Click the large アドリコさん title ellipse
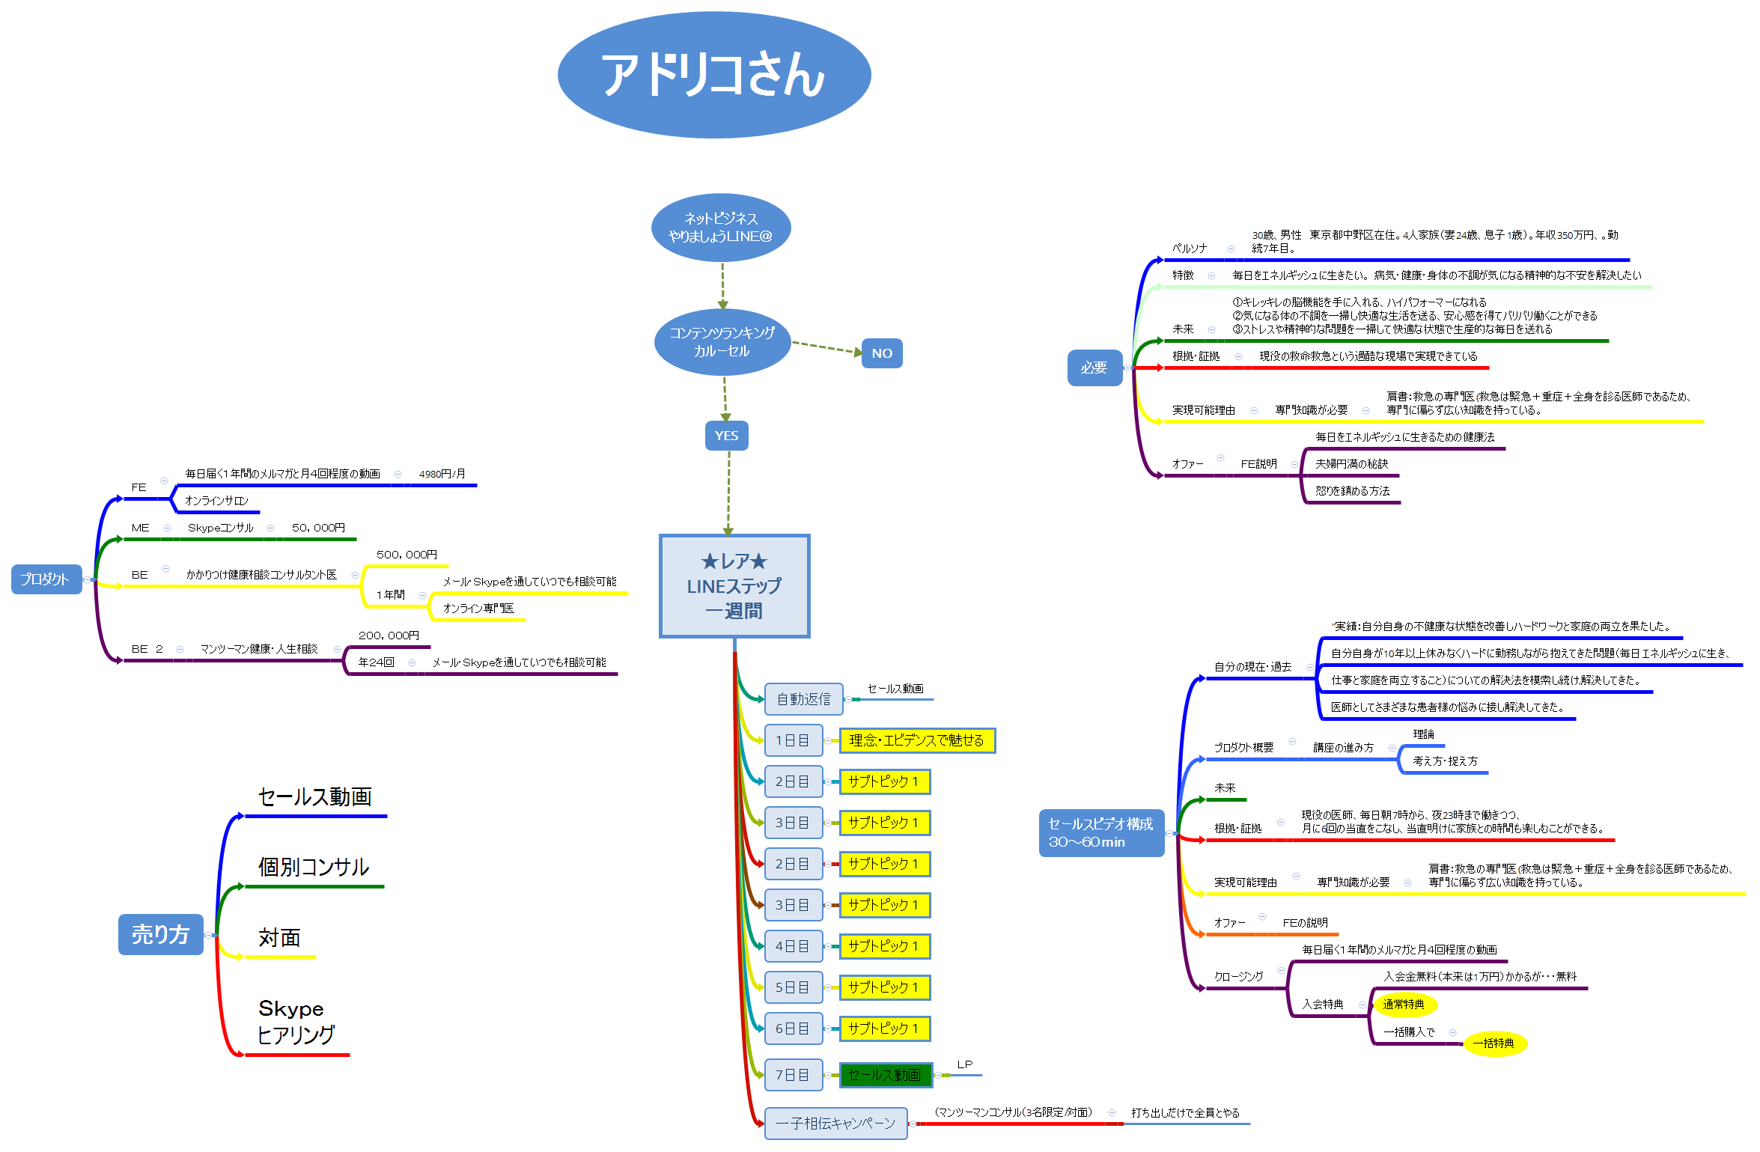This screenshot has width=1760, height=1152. [714, 75]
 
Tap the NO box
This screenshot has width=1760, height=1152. [881, 353]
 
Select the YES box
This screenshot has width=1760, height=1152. [726, 436]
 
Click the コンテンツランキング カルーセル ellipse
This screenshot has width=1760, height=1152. [722, 342]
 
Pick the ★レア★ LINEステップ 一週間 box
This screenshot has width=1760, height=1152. [734, 586]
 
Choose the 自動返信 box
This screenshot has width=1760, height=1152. [803, 699]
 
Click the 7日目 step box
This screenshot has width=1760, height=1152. [793, 1075]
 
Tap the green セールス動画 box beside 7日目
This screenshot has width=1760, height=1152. [885, 1075]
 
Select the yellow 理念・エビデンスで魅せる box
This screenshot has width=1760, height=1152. [916, 740]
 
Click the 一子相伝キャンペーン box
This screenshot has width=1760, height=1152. [835, 1123]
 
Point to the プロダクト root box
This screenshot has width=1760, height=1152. [46, 579]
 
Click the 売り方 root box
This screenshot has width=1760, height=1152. [160, 934]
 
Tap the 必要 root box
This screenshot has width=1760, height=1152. [1094, 368]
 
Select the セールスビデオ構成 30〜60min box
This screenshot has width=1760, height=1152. [1100, 832]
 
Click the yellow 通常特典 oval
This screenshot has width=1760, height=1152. [1404, 1005]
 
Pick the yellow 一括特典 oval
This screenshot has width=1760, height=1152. [1493, 1043]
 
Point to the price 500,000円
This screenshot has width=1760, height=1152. [406, 555]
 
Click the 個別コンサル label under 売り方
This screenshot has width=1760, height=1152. [314, 867]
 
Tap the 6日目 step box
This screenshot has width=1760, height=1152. [793, 1028]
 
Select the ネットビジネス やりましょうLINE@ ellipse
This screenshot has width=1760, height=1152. [721, 228]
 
